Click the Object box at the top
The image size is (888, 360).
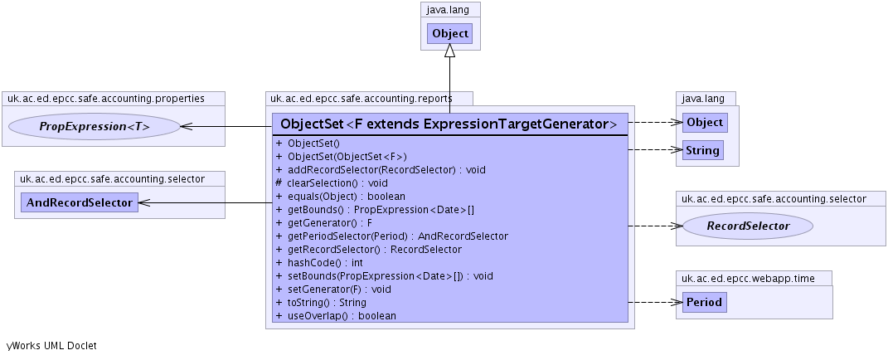click(449, 34)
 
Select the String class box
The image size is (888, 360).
click(702, 150)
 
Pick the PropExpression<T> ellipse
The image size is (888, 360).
click(95, 126)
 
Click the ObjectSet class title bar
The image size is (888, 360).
click(449, 124)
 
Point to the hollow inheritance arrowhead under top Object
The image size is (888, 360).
click(449, 51)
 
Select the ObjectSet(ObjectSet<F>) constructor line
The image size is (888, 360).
click(347, 156)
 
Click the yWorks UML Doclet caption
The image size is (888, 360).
click(51, 345)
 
